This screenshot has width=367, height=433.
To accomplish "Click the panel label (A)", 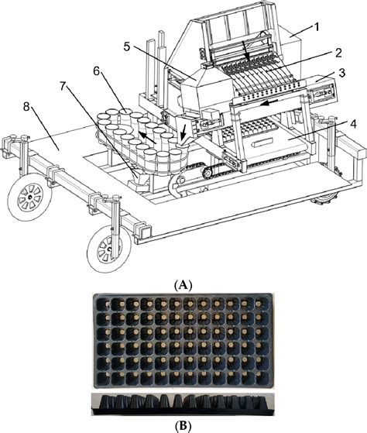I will click(x=184, y=284).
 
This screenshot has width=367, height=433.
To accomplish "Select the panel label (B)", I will click(x=184, y=424).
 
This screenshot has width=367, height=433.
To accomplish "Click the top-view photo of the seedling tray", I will click(x=183, y=340).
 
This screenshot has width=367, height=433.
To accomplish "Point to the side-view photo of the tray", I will click(x=183, y=403).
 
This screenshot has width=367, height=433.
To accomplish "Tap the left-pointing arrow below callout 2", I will click(x=269, y=101).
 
